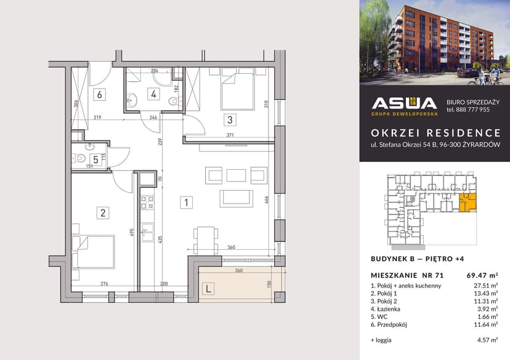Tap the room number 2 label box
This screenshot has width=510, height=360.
point(103,213)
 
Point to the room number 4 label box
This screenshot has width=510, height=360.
point(153,94)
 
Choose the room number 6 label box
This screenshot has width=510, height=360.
point(99,94)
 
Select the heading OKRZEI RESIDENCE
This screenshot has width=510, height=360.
point(435,132)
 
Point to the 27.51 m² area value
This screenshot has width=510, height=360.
point(485,286)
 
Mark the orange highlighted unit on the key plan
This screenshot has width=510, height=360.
point(467,202)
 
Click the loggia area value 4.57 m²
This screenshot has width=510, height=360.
point(487,339)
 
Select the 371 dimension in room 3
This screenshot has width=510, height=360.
point(230,134)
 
